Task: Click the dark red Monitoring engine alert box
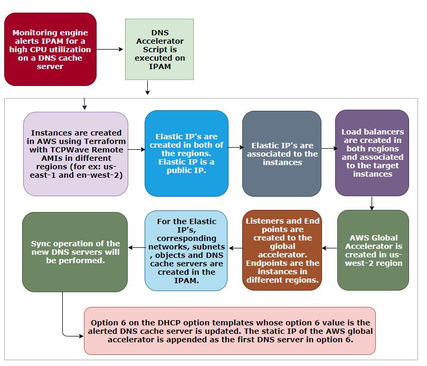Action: point(51,49)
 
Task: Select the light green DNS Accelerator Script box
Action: point(159,49)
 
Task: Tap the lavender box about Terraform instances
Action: point(76,153)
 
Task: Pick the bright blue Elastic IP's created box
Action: point(186,153)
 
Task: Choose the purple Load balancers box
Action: point(372,153)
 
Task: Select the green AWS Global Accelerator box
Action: point(373,250)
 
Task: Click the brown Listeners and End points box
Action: point(282,250)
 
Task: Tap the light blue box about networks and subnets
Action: point(186,250)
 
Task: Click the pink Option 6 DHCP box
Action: point(230,331)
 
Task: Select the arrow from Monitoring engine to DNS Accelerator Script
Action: point(110,49)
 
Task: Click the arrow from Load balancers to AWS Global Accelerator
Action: point(372,203)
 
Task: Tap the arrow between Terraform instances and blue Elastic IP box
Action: point(136,150)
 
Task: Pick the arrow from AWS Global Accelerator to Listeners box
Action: point(329,248)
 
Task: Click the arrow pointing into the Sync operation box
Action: point(136,247)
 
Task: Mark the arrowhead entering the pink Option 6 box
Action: point(81,335)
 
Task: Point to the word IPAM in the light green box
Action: point(159,67)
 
